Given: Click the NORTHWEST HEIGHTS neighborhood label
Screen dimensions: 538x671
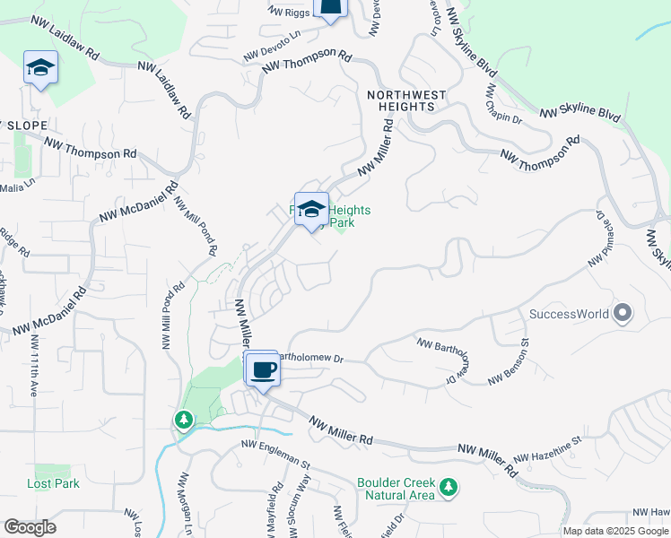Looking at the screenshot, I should tap(401, 100).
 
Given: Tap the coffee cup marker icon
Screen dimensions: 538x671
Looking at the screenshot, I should tap(263, 369).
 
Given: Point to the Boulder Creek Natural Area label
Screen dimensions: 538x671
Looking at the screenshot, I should tap(396, 488).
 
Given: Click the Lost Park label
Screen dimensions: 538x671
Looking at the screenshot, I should tap(53, 483).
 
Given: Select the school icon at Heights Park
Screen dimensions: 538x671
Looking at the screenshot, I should tap(311, 210).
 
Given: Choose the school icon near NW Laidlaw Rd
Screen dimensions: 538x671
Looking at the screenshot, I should tap(40, 68).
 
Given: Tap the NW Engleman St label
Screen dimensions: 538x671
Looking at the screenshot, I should tap(275, 455).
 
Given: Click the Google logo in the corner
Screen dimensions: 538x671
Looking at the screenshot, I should tap(30, 527).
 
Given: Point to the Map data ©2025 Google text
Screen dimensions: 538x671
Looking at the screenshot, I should tap(614, 531).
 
